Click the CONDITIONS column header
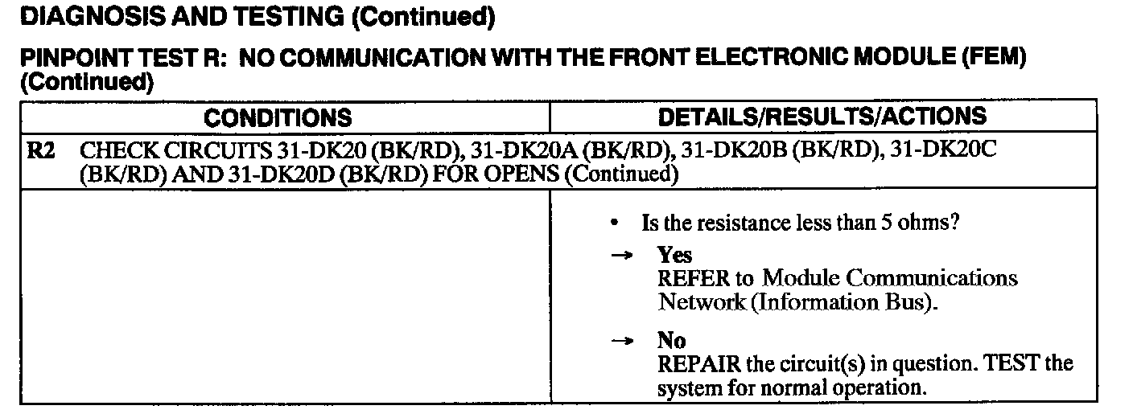coord(278,118)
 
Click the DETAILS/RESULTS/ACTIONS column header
coord(822,117)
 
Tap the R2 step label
coord(42,152)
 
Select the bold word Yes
coord(674,256)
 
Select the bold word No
coord(672,341)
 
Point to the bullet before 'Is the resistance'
coord(615,222)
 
